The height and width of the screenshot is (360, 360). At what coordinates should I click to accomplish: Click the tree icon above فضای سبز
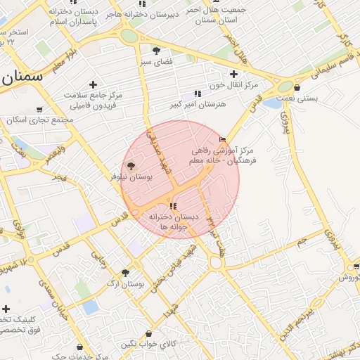click(x=156, y=51)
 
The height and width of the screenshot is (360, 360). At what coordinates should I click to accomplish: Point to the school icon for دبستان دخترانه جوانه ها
click(x=173, y=205)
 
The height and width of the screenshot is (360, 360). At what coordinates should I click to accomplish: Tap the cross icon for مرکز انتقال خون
click(x=234, y=74)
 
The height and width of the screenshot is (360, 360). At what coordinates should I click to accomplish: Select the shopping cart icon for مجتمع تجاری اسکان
click(x=39, y=109)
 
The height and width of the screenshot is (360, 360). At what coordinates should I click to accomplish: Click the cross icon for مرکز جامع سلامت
click(x=93, y=84)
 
